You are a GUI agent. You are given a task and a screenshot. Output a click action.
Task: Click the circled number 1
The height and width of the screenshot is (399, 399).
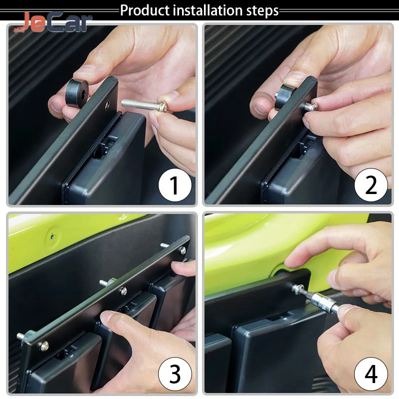coord(175,185)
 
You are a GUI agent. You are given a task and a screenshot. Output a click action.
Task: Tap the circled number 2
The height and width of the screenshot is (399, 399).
coord(371,185)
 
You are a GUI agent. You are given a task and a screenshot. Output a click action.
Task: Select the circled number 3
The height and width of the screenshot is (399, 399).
coord(175,374)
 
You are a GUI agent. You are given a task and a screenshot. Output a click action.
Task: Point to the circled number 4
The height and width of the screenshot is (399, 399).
coord(371,374)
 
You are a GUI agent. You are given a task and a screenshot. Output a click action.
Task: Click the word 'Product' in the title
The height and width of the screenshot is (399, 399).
coord(145,10)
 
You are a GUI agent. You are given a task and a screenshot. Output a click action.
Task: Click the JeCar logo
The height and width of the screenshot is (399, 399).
coord(53,22)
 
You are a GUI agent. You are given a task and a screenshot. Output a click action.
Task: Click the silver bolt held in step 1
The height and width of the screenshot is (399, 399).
coord(144,104)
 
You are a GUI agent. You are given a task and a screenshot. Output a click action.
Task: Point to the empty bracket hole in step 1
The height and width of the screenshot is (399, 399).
coord(107,104)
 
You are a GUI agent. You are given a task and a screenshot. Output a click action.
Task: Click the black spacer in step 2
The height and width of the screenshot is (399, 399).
coord(285,97)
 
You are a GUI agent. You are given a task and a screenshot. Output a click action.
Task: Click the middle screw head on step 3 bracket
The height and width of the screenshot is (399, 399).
coord(123,291)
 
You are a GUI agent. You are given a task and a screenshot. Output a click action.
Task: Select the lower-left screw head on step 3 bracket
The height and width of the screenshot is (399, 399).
coord(44,345)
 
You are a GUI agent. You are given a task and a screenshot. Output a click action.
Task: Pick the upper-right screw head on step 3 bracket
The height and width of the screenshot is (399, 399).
coord(183,251)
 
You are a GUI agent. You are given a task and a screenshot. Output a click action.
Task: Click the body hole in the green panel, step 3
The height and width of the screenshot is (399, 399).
coord(52,236)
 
